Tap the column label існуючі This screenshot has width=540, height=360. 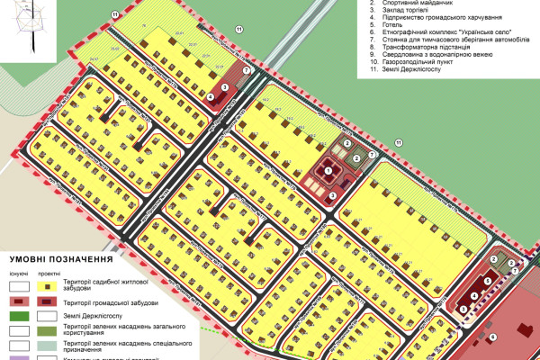click(17, 273)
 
